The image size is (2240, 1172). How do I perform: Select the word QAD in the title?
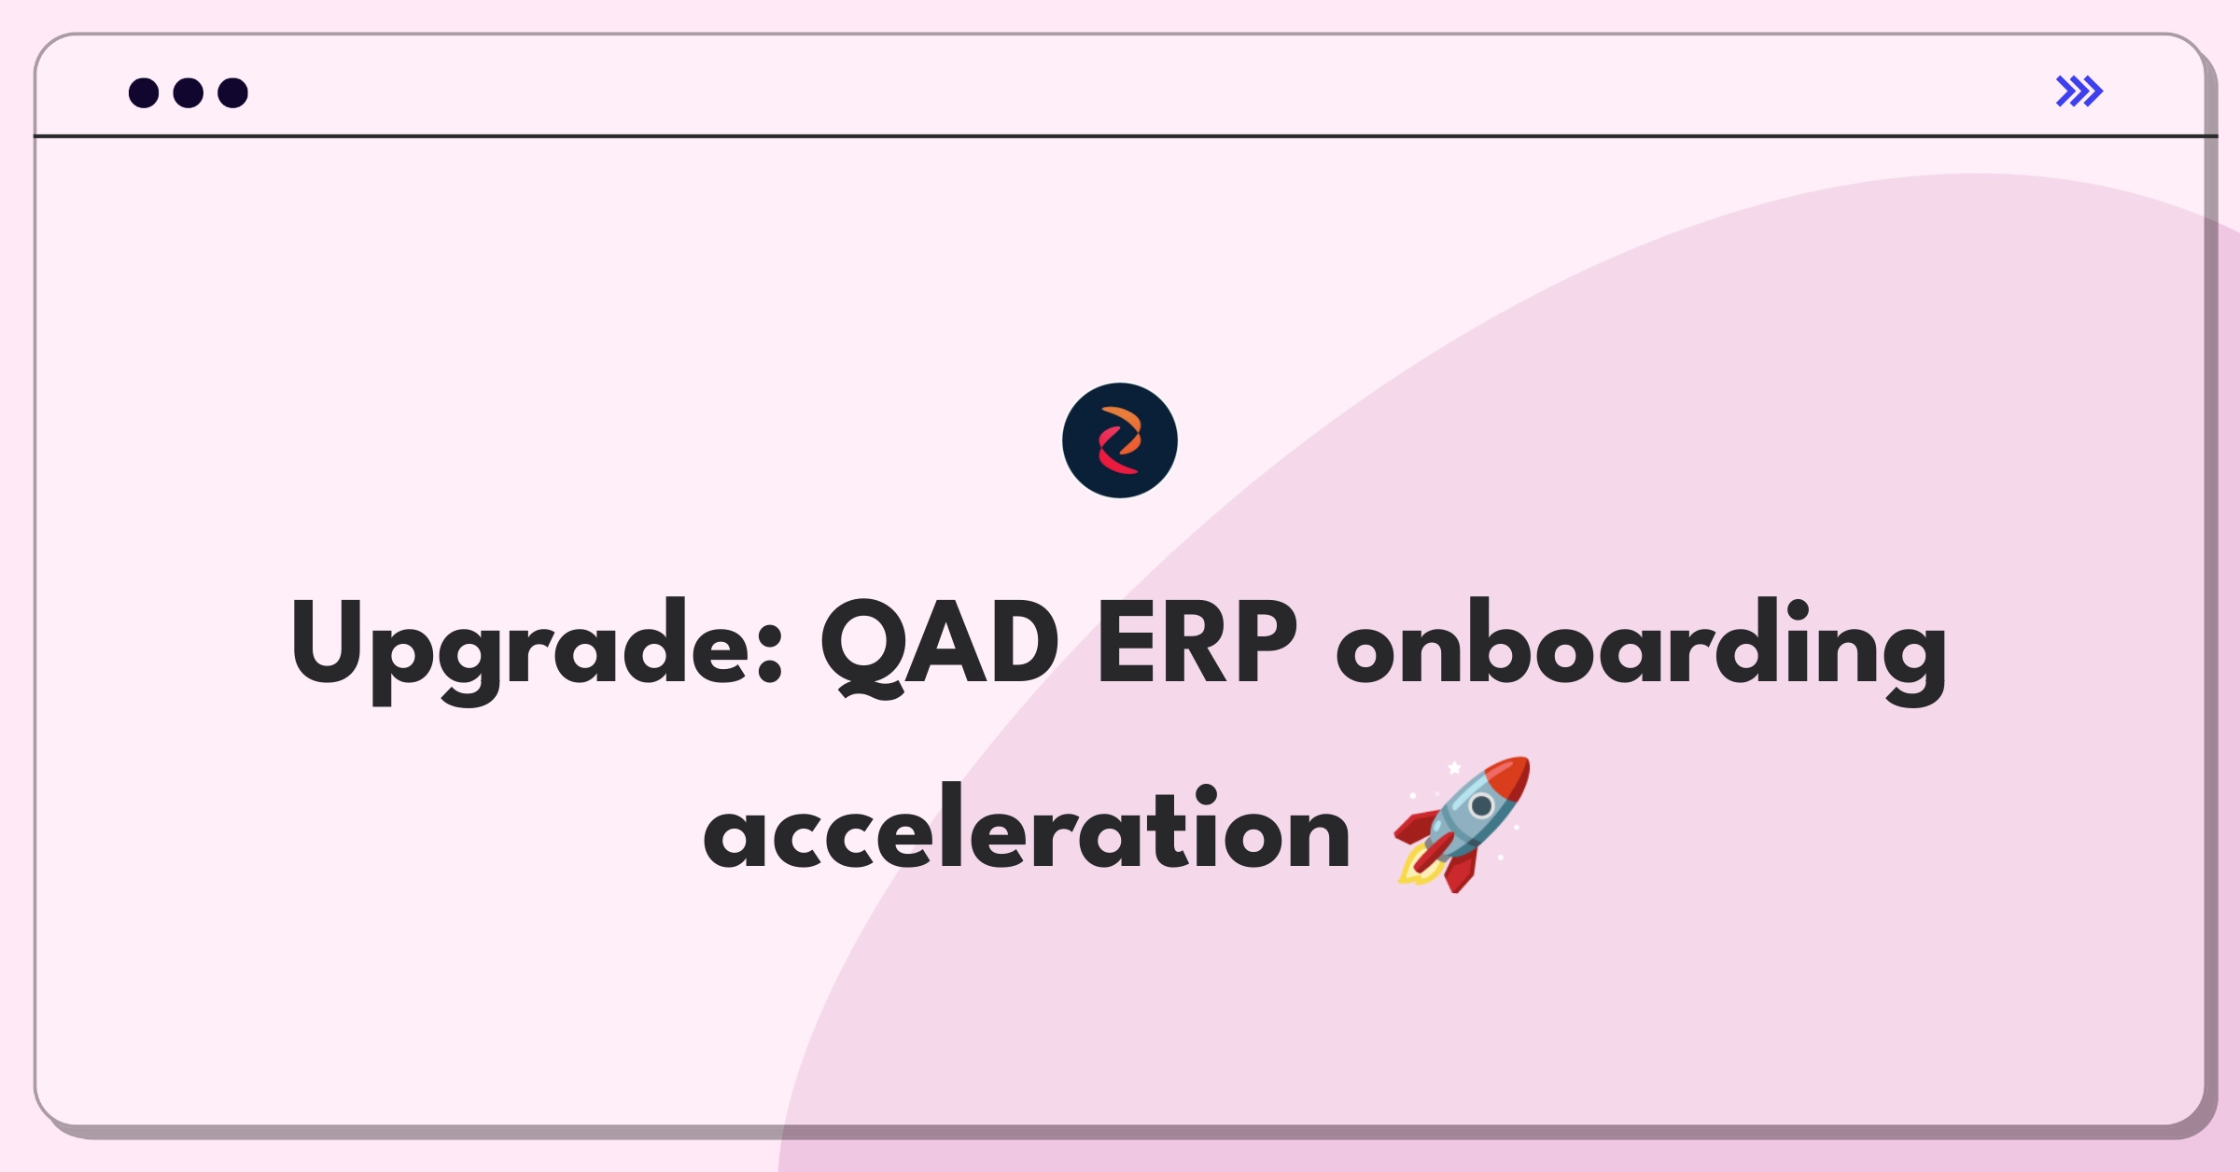939,644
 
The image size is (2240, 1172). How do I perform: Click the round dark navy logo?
1119,440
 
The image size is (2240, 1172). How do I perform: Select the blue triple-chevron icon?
2079,91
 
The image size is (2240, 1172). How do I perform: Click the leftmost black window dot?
144,93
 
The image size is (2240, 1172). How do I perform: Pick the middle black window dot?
189,93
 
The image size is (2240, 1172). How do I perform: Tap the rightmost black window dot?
232,93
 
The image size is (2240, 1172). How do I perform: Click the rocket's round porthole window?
1480,805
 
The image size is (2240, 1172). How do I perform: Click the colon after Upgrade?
770,653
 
